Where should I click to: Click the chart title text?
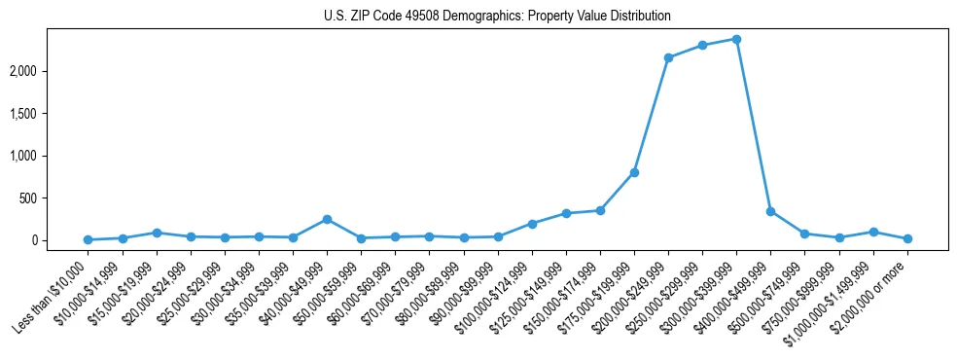[x=497, y=17]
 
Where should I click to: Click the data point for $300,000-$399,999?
[x=736, y=39]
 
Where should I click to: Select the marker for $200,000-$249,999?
[x=668, y=57]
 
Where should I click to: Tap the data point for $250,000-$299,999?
[x=702, y=45]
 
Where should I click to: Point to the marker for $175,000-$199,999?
[x=634, y=172]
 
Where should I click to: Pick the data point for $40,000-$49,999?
[x=327, y=219]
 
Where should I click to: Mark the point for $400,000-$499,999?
[x=770, y=211]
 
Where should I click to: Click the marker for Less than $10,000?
[x=88, y=239]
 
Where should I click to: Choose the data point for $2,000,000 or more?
[x=907, y=238]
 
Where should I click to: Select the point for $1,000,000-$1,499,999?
[x=873, y=232]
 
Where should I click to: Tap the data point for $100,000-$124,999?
[x=532, y=224]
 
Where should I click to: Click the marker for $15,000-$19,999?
[x=156, y=233]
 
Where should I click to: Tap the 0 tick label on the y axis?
[x=61, y=240]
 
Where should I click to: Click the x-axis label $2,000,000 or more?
[x=875, y=294]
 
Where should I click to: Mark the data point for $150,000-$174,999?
[x=600, y=210]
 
